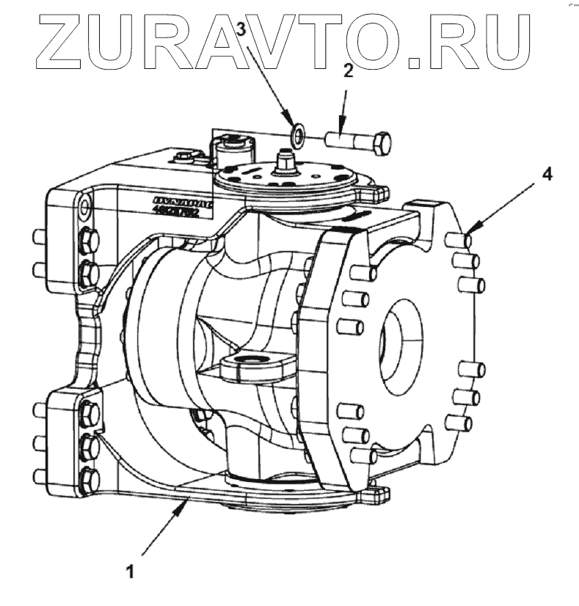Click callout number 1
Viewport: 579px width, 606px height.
(130, 569)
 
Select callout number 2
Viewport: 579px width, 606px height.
(348, 71)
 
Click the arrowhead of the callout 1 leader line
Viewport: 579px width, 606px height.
(190, 500)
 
